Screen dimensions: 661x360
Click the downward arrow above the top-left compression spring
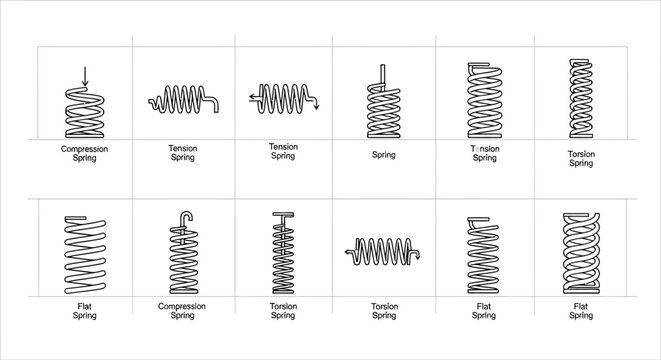click(x=85, y=76)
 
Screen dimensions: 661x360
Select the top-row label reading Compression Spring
click(x=85, y=153)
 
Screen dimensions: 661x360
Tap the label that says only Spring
click(x=383, y=155)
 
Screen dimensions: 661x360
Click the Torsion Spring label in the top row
click(x=580, y=158)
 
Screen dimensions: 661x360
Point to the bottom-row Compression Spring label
click(x=182, y=310)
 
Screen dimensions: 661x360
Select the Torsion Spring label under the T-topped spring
click(x=284, y=310)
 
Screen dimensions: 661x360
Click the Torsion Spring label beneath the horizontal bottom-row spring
click(x=384, y=310)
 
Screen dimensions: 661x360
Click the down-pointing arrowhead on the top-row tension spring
click(x=316, y=107)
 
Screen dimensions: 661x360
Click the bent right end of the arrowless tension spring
click(x=215, y=103)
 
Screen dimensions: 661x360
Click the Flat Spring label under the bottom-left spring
click(x=85, y=310)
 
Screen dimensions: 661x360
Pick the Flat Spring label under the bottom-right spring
click(x=580, y=310)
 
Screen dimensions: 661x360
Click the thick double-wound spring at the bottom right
click(x=580, y=252)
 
